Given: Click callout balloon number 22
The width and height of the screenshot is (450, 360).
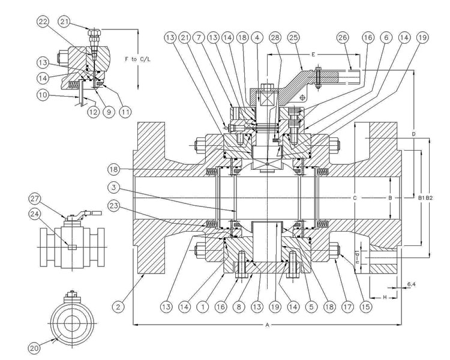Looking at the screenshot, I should [43, 23].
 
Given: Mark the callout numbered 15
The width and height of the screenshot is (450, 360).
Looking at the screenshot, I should [349, 307].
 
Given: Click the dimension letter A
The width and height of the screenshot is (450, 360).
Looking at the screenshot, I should [267, 325].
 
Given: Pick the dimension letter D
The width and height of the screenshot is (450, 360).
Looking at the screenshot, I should [415, 134].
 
